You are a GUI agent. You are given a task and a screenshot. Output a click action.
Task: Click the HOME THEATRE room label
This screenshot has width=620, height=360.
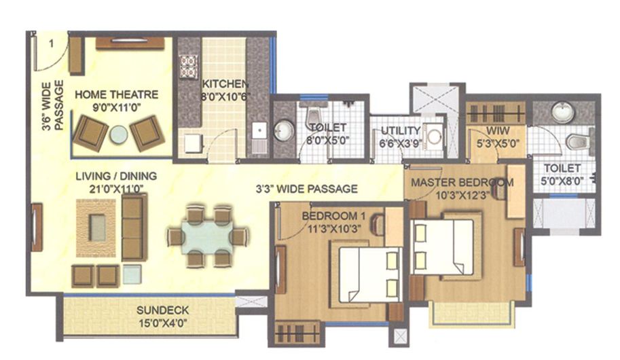tap(116, 94)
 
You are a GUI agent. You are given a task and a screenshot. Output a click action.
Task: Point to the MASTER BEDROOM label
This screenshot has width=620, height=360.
tap(462, 183)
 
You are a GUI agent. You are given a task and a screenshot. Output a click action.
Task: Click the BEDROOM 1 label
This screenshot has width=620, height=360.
tap(329, 216)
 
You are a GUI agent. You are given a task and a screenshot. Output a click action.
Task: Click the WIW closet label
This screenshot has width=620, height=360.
tap(488, 130)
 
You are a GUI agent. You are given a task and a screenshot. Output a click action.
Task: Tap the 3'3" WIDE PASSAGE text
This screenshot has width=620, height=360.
tap(306, 189)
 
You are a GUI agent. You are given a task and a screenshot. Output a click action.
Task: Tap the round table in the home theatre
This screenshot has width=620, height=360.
tap(119, 134)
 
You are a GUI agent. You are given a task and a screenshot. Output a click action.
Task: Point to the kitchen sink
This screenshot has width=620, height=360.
tap(259, 132)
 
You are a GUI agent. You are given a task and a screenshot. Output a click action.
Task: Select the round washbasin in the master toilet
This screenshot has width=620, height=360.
tap(563, 112)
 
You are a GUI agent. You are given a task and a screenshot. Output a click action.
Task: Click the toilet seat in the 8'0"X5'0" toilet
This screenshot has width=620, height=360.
tap(313, 116)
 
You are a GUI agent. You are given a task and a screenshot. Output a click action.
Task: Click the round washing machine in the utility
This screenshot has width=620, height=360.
tap(435, 137)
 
